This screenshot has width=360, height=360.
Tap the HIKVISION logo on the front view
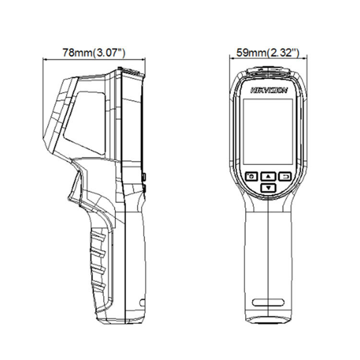(x=269, y=90)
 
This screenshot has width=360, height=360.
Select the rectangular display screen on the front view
(x=268, y=130)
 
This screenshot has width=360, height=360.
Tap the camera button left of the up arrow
(x=252, y=177)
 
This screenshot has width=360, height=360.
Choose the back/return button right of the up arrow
(x=286, y=177)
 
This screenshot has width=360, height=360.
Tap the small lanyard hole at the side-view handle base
(x=141, y=304)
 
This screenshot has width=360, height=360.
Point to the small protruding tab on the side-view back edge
(x=144, y=178)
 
